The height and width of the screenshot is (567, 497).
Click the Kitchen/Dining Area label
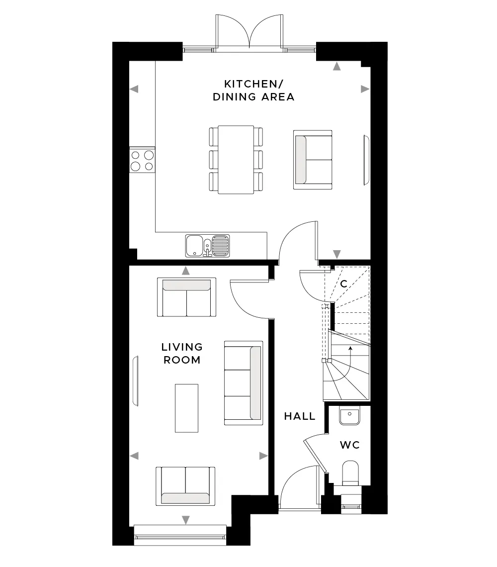(253, 91)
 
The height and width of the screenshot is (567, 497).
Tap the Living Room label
(182, 353)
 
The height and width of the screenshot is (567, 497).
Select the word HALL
(300, 416)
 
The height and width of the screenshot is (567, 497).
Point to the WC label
(350, 445)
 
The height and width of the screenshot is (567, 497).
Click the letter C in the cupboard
(344, 284)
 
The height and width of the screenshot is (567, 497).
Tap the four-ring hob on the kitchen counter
(143, 160)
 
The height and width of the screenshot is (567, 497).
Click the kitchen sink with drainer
(207, 246)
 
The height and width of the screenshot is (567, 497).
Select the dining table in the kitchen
(236, 160)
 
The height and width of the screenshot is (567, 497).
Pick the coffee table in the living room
(186, 408)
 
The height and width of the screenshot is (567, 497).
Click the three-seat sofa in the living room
(244, 383)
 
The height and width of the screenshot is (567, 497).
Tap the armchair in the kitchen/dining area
(313, 160)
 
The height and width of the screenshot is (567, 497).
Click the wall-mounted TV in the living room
(136, 381)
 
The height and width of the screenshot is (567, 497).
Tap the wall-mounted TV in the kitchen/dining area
(366, 160)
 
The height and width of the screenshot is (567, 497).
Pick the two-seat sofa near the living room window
(185, 486)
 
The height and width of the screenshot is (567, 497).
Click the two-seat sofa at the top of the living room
(186, 297)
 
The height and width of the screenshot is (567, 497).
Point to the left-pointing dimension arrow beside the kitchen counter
(134, 89)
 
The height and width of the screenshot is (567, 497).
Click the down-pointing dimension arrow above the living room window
(185, 520)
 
